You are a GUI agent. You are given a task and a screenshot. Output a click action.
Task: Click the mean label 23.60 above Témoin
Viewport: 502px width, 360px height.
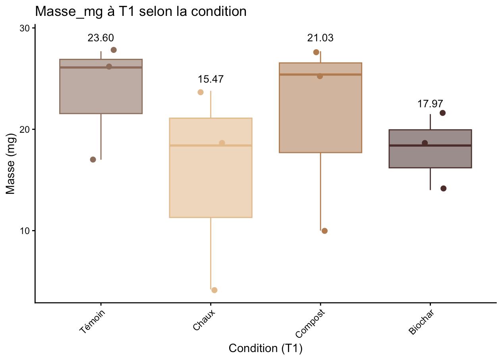[x=101, y=38]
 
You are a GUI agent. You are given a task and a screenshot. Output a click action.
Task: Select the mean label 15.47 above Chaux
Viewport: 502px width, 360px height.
[x=210, y=79]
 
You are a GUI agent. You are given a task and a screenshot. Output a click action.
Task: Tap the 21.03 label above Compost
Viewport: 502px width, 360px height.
[x=320, y=38]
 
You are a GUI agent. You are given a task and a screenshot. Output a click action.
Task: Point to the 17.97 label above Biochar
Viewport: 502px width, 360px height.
[x=430, y=104]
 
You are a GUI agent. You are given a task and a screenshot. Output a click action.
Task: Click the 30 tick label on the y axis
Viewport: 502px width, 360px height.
[x=25, y=28]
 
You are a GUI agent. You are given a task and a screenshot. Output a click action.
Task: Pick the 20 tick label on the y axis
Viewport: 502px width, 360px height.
[x=25, y=130]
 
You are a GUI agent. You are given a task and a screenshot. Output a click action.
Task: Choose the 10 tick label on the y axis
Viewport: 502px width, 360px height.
[x=25, y=231]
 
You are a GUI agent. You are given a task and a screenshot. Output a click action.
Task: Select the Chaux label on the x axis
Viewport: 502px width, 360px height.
[x=204, y=320]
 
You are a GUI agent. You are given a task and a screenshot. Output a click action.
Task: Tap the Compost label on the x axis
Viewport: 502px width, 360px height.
[x=311, y=323]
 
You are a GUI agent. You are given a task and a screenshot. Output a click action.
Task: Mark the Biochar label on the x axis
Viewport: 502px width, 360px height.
[x=421, y=322]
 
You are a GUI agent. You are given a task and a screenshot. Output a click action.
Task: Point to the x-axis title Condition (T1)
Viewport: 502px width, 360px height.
[x=265, y=348]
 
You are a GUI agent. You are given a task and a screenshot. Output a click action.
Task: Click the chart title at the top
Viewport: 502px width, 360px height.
[x=141, y=11]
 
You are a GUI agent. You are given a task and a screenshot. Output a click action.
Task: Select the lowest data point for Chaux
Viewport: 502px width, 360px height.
[x=214, y=290]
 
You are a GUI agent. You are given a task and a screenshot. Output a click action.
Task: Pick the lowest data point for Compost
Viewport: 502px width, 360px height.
[x=324, y=231]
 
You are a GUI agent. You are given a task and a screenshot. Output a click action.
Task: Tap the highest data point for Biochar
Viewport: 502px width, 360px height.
[x=442, y=113]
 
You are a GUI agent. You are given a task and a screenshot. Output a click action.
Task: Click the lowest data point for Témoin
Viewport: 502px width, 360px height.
[x=93, y=159]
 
